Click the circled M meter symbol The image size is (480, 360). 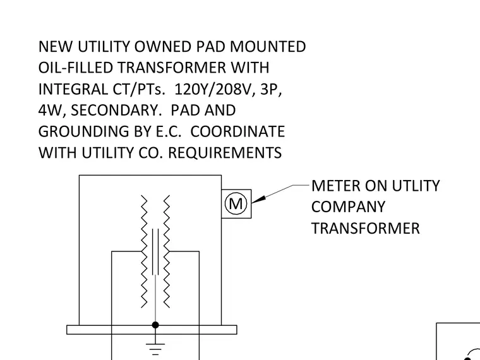click(x=236, y=203)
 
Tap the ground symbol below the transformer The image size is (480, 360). click(x=155, y=349)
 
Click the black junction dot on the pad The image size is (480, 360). click(x=155, y=325)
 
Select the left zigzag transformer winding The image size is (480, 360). click(x=144, y=251)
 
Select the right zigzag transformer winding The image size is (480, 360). click(x=167, y=251)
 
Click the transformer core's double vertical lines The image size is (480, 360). click(x=155, y=251)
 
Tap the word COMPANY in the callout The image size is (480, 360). click(x=349, y=207)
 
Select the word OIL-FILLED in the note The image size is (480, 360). click(x=76, y=68)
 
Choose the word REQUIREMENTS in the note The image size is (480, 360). click(x=225, y=153)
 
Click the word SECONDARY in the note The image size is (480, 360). click(x=116, y=111)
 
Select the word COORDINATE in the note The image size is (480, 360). click(x=237, y=131)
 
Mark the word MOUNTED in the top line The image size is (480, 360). click(x=268, y=47)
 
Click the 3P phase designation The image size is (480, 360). click(x=271, y=90)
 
